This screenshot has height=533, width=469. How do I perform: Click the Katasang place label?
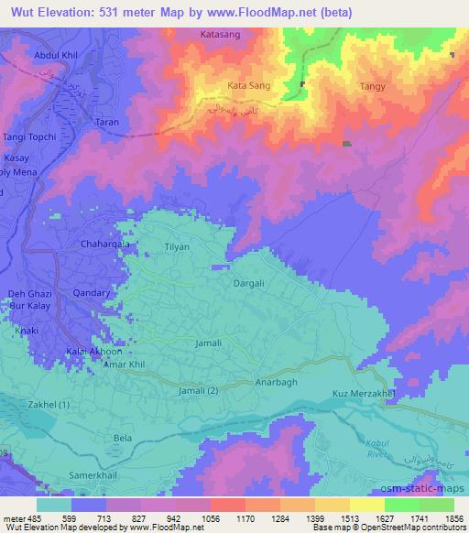[220, 35]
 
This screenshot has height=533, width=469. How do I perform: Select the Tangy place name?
[372, 87]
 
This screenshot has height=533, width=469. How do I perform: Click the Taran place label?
[108, 120]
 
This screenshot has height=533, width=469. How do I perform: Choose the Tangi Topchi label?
[34, 137]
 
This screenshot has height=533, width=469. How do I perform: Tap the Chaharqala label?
[106, 245]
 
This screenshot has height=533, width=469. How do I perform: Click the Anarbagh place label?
[278, 385]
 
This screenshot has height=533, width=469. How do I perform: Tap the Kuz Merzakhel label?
[362, 394]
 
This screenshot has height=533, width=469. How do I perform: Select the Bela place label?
[123, 439]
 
